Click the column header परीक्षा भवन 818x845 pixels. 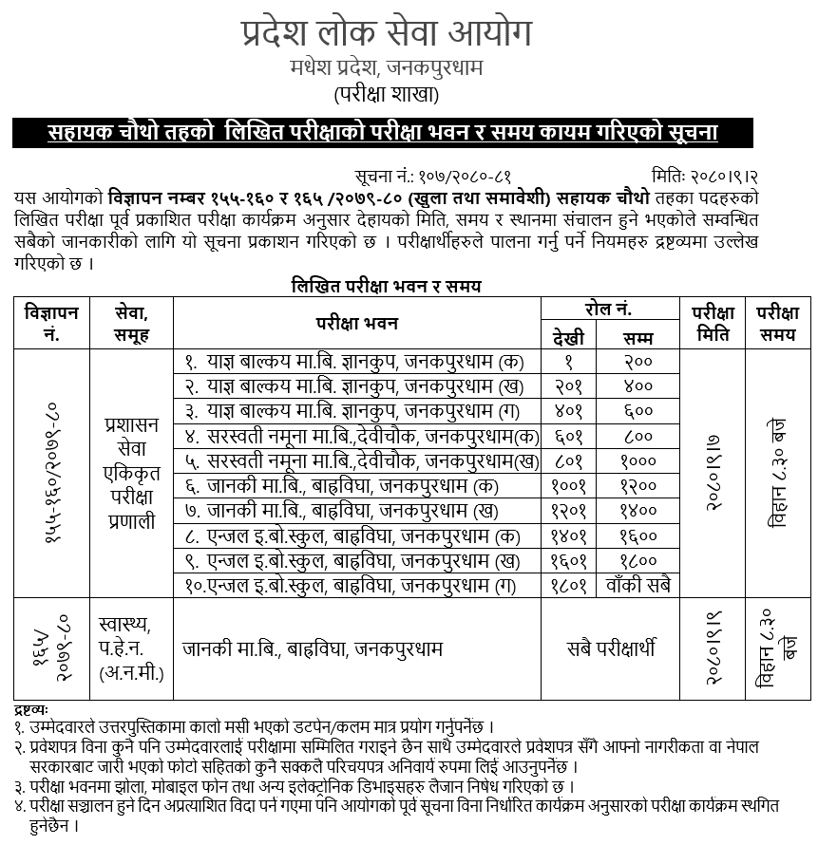click(356, 323)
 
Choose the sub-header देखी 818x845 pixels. click(568, 337)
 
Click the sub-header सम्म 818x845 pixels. click(638, 337)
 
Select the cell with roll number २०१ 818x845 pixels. click(568, 385)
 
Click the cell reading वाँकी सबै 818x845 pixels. click(638, 585)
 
